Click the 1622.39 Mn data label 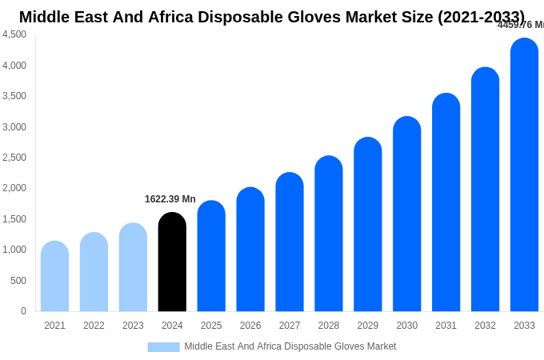click(x=170, y=199)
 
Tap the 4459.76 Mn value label click(x=520, y=25)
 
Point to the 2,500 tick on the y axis click(x=14, y=158)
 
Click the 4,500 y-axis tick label click(x=14, y=34)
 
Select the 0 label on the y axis click(x=23, y=311)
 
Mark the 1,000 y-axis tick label click(x=14, y=250)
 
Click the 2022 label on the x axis click(x=94, y=326)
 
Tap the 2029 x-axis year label click(x=368, y=326)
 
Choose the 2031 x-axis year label click(x=446, y=326)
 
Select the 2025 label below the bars click(x=211, y=326)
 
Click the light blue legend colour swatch click(x=163, y=346)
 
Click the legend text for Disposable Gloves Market click(x=290, y=346)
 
